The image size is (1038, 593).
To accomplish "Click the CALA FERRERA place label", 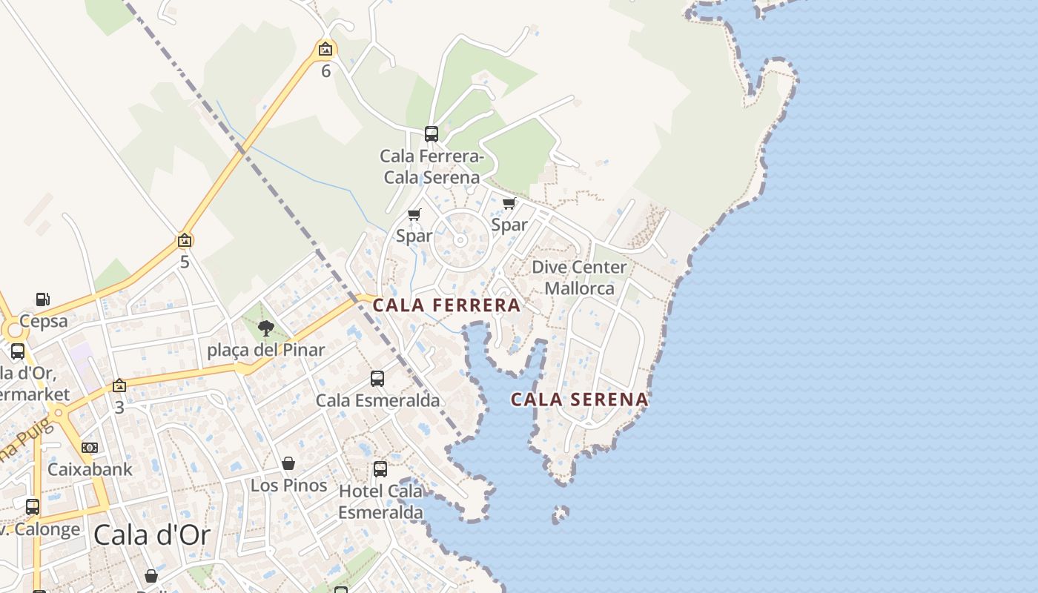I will (446, 305).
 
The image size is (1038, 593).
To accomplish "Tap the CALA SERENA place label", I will (579, 400).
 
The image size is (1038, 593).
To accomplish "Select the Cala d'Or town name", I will (152, 534).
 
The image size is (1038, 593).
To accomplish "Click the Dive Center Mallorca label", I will (579, 277).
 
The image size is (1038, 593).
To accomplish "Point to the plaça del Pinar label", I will (266, 350).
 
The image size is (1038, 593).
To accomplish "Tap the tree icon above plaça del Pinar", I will (265, 328).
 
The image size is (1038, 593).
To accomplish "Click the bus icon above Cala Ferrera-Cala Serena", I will (432, 134).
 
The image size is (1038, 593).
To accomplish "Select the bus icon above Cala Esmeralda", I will (377, 379).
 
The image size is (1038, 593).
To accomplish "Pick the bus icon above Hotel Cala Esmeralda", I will (380, 468).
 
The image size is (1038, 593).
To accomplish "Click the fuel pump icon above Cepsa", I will (43, 299).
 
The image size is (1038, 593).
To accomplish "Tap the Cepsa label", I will (44, 321).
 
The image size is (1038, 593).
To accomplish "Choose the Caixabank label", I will (90, 469).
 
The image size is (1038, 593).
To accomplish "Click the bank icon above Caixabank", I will (90, 448).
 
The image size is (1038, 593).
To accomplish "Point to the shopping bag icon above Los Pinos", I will (288, 464).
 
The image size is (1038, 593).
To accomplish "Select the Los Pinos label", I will (289, 486).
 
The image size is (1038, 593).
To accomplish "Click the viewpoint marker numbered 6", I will (325, 50).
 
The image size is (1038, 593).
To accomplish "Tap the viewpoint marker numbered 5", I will (185, 241).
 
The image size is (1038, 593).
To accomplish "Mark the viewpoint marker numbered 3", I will (119, 385).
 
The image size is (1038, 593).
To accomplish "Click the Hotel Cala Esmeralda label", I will (381, 501).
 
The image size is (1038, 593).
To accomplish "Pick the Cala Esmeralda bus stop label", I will (377, 400).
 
